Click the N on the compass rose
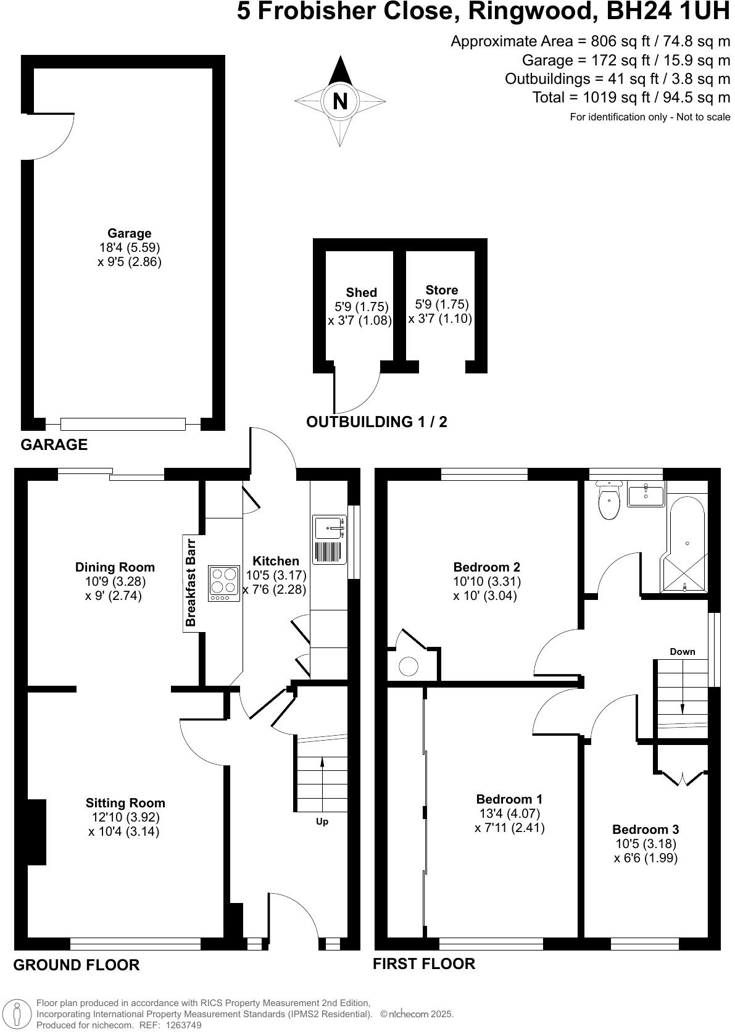[x=340, y=101]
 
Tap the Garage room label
[x=129, y=233]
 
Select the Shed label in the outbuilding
[x=361, y=293]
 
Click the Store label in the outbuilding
[x=441, y=290]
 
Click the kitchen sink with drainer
[x=328, y=539]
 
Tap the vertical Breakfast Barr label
[x=191, y=583]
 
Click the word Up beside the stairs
[x=322, y=822]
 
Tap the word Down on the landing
[x=682, y=652]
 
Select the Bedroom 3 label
[x=645, y=830]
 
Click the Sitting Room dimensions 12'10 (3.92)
[x=125, y=817]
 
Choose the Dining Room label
[x=115, y=567]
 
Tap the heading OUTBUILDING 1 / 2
[x=376, y=422]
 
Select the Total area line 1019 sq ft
[x=631, y=98]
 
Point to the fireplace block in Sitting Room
[x=36, y=831]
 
